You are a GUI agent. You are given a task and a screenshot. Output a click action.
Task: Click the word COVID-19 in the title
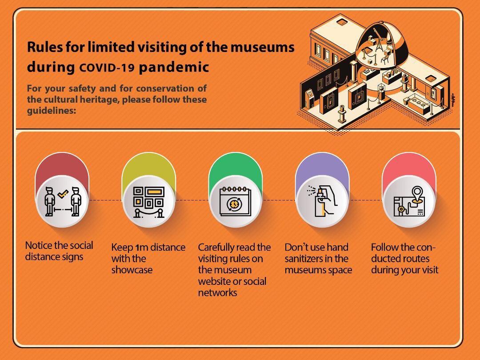tap(107, 68)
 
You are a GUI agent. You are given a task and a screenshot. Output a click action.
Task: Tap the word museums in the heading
tap(262, 47)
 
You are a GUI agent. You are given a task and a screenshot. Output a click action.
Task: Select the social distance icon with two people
tap(63, 201)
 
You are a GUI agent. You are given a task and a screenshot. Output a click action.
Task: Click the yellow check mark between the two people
tap(63, 193)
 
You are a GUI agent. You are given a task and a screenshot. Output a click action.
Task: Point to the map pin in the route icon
tap(417, 194)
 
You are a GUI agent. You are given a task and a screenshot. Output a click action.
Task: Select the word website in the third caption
tap(214, 281)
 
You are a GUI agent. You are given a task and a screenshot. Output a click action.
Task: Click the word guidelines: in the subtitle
tap(52, 111)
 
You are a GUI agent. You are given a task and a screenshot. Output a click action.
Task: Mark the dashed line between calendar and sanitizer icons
tap(278, 200)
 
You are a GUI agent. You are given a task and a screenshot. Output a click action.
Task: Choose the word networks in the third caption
tap(217, 292)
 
